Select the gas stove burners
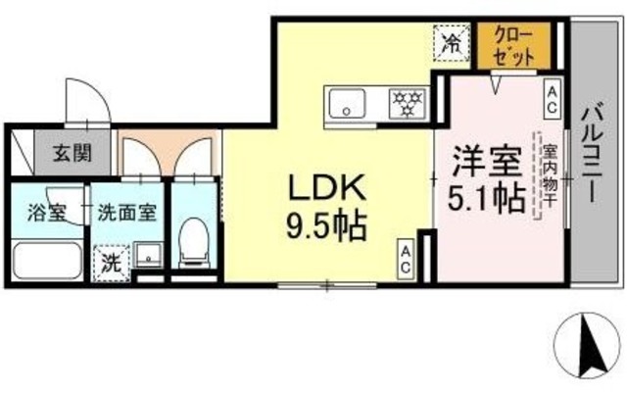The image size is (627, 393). click(405, 101)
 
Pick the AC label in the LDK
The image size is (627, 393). click(405, 257)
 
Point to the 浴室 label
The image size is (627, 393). click(43, 210)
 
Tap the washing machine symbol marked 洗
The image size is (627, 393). click(110, 262)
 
